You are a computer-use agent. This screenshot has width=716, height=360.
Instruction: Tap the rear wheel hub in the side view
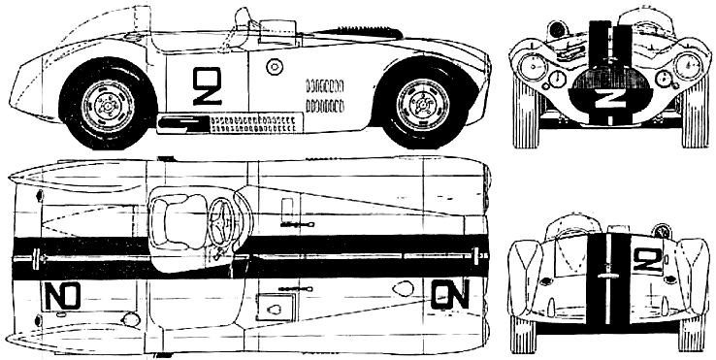tap(108, 107)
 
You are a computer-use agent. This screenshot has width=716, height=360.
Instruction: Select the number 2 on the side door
tap(207, 86)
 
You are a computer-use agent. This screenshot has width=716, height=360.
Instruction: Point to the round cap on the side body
tap(275, 67)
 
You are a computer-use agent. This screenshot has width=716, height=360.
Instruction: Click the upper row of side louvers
tap(325, 85)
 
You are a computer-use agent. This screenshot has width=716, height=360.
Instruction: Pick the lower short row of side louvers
tap(325, 107)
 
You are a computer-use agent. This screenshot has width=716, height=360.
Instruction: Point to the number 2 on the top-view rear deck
tap(62, 296)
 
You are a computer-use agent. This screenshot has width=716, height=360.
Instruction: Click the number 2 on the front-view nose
tap(604, 98)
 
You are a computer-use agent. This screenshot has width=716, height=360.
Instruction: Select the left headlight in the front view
tap(531, 65)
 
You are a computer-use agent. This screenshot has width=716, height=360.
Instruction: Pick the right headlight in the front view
tap(686, 64)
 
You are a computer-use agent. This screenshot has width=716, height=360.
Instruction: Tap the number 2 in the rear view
tap(648, 260)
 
